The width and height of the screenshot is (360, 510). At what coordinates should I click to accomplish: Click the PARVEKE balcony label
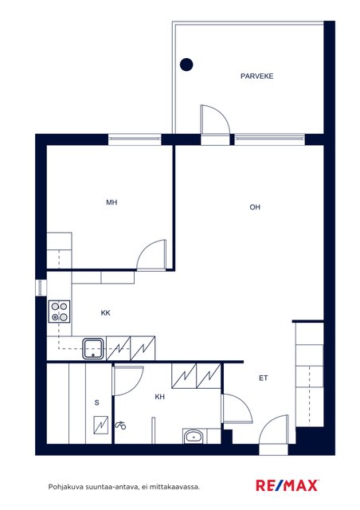256,76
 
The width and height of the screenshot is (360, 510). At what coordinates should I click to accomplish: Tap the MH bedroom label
112,202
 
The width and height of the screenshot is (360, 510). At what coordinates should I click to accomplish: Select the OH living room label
255,207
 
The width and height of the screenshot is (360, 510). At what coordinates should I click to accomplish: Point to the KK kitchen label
105,313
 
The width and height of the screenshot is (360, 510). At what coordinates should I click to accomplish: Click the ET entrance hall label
263,378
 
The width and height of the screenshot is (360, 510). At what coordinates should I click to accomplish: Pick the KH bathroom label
159,397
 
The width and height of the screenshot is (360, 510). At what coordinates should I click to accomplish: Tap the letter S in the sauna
96,402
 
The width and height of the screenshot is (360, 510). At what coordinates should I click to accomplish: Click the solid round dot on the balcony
186,65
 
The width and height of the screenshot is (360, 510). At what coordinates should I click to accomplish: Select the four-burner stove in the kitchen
59,312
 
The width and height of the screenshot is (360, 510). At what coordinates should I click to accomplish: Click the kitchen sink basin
93,349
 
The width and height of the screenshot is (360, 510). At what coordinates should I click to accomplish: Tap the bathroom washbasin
194,437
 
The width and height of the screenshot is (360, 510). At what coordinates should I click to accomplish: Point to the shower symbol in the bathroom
120,425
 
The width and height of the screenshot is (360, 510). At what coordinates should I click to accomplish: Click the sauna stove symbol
101,425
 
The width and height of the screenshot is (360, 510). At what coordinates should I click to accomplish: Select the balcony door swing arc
222,115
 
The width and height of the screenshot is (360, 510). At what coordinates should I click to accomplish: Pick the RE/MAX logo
287,485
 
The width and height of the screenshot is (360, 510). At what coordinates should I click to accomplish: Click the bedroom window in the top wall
135,139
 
